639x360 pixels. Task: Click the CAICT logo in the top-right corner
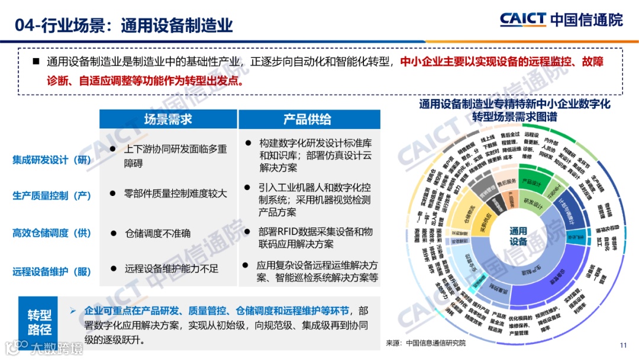pos(561,20)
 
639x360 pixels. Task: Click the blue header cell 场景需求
pos(168,119)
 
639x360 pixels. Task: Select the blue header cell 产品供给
pos(307,119)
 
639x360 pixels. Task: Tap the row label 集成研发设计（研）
pos(51,159)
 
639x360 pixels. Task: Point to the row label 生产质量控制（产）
pos(51,195)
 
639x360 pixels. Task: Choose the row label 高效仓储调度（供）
pos(51,233)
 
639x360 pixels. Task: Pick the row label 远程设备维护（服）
pos(51,271)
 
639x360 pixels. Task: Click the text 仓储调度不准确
pos(157,233)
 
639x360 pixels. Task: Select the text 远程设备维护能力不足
pos(171,268)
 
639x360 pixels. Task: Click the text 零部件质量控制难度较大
pos(175,193)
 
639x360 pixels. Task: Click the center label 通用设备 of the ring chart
pos(518,236)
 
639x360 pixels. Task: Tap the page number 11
pos(622,346)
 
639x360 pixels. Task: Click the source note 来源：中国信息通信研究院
pos(425,343)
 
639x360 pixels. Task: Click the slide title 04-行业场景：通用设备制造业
pos(124,25)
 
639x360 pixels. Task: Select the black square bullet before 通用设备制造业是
pos(35,62)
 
